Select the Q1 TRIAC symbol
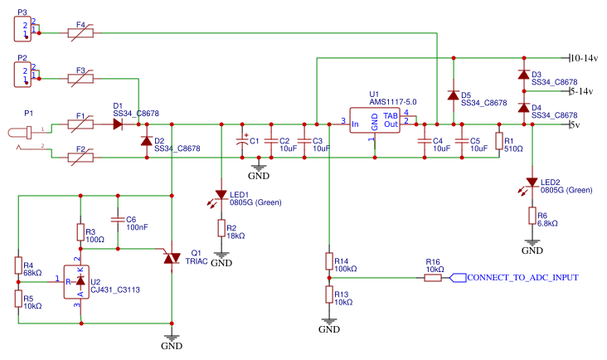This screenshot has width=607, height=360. click(x=172, y=258)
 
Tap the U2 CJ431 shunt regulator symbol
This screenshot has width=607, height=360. click(x=80, y=281)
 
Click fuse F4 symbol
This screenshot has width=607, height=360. click(x=80, y=33)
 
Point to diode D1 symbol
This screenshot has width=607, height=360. click(x=117, y=124)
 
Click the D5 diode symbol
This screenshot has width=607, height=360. click(x=453, y=95)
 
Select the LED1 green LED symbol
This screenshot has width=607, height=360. click(x=221, y=194)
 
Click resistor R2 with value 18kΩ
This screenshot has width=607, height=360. click(x=221, y=227)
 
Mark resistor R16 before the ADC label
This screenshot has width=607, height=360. click(x=432, y=277)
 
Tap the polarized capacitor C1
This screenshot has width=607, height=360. click(x=242, y=141)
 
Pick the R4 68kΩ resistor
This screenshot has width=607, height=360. click(x=17, y=265)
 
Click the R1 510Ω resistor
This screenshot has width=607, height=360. click(x=498, y=141)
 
